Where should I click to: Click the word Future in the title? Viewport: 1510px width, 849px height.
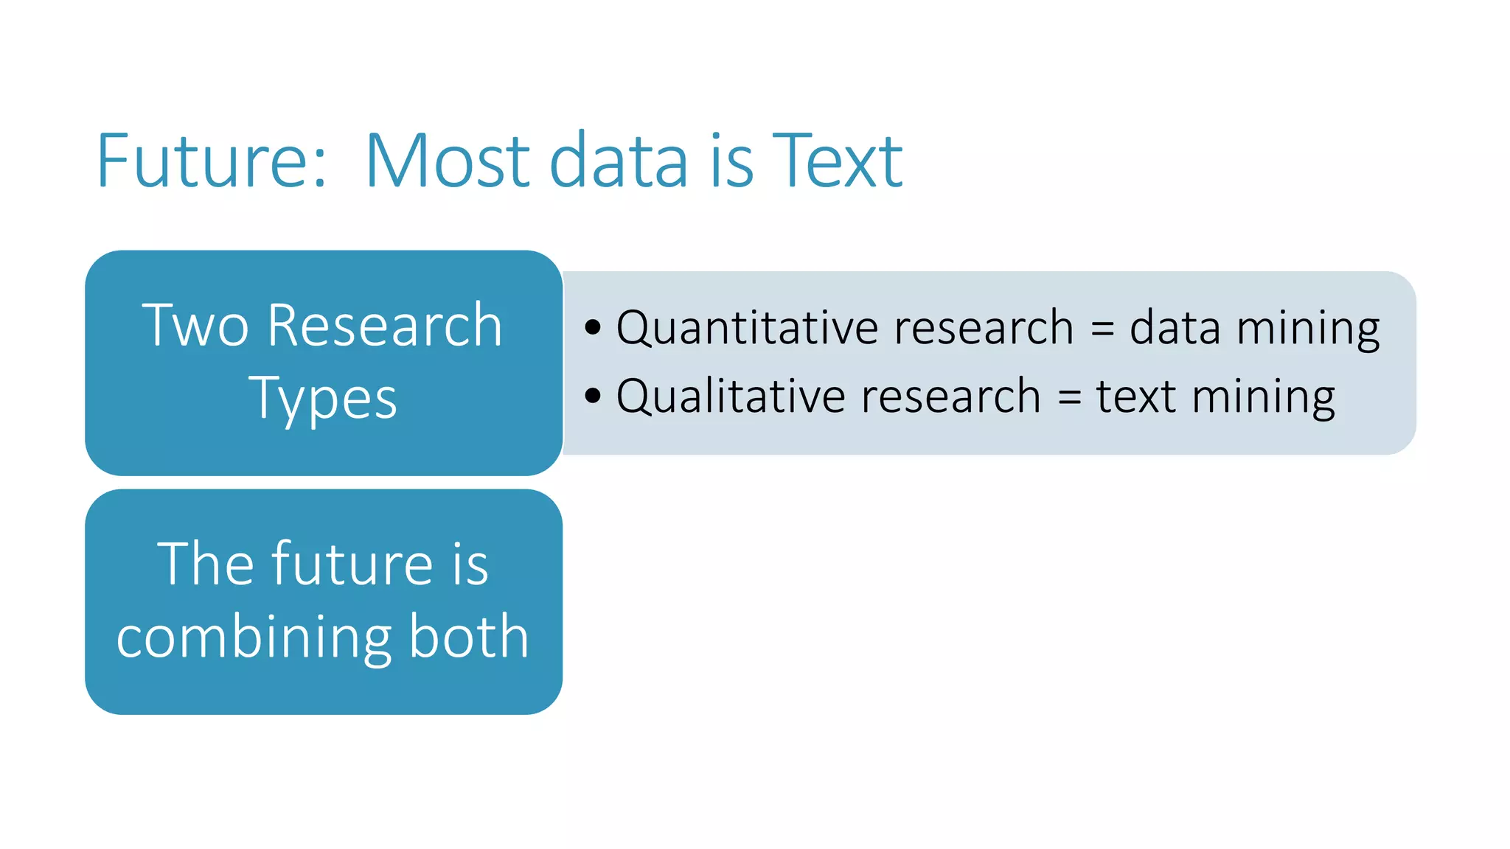point(199,161)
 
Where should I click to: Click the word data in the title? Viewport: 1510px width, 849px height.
point(619,161)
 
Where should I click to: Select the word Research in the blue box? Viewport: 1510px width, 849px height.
point(384,326)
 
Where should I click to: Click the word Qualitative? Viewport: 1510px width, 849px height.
point(731,396)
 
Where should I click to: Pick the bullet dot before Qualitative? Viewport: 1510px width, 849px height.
point(593,396)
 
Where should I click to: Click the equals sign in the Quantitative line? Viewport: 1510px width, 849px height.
point(1102,329)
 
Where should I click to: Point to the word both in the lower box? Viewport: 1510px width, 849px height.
point(468,635)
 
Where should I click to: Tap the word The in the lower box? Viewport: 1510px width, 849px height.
point(200,564)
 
